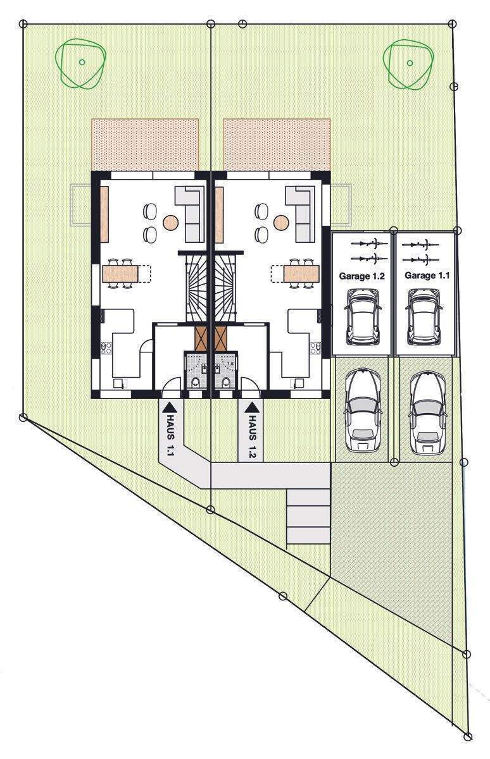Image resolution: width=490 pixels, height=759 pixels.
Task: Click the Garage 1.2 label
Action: coord(362,276)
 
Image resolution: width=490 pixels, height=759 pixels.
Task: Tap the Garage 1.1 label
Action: coord(427,275)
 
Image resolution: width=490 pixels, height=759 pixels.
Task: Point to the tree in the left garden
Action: coord(81,64)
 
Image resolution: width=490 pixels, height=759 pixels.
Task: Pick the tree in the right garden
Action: coord(408,65)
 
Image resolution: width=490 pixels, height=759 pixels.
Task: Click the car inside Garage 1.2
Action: coord(363,316)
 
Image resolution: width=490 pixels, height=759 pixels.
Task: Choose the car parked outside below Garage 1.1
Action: coord(428,412)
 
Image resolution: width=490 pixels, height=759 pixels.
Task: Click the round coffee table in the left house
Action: coord(170,222)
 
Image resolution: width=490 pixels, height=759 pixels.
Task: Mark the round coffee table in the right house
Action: coord(281,222)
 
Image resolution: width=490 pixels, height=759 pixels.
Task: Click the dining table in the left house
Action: coord(120,274)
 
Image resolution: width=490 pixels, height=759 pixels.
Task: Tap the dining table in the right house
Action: coord(302,274)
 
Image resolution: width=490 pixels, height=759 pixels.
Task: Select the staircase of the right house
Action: coord(224,288)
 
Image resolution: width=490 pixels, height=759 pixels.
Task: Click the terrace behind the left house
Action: coord(145,144)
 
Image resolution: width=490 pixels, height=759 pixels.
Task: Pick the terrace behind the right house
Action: coord(277,144)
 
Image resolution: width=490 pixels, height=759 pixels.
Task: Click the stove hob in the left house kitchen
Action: coord(106,348)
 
